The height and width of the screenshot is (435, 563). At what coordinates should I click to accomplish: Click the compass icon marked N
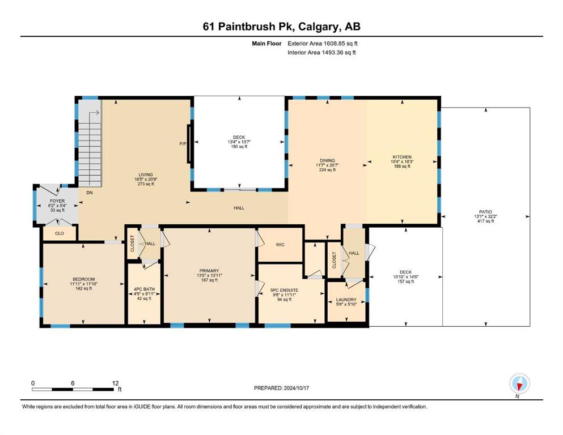pos(519,383)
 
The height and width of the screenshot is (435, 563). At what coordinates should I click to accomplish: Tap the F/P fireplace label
pos(183,144)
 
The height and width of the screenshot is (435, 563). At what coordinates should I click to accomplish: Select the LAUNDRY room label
pos(346,300)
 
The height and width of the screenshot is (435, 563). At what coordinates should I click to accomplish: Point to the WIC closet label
pos(280,245)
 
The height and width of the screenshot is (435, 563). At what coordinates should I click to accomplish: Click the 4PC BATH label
pos(144,289)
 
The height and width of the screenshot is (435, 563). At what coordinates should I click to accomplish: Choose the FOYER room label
pos(57,201)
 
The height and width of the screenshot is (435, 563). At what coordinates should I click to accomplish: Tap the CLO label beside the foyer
pos(59,233)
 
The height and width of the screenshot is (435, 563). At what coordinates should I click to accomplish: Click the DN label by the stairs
pos(90,193)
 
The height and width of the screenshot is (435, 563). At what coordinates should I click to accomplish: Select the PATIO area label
pos(485,212)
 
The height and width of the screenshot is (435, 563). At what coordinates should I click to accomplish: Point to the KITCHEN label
pos(402,157)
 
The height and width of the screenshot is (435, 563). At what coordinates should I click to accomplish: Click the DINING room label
pos(327,161)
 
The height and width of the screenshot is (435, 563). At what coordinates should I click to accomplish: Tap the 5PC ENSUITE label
pos(285,290)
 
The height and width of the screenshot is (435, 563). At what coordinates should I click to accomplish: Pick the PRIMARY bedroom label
pos(209,271)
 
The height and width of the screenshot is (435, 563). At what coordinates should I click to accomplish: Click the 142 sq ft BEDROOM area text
pos(84,288)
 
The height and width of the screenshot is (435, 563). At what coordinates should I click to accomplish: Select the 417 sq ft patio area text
pos(485,221)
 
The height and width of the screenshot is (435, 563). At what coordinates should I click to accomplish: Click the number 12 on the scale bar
pos(115,383)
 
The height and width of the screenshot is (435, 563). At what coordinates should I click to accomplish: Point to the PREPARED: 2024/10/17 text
pos(281,388)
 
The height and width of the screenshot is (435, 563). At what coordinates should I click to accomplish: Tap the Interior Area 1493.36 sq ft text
pos(321,52)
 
